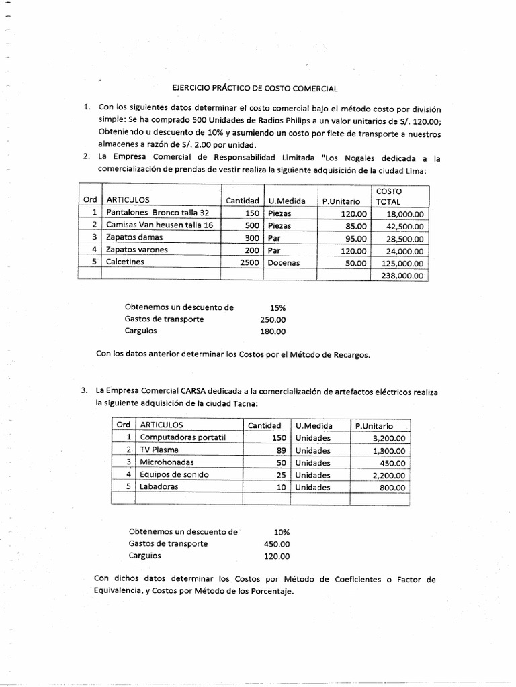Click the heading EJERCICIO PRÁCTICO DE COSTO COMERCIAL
[255, 88]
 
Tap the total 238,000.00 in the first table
[401, 274]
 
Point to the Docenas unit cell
[283, 262]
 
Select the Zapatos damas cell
[134, 237]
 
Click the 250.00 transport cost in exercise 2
[273, 319]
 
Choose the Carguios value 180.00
[273, 331]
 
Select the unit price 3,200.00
[388, 438]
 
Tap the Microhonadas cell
[164, 462]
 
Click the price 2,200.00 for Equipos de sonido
[388, 475]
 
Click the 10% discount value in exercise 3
[282, 531]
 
